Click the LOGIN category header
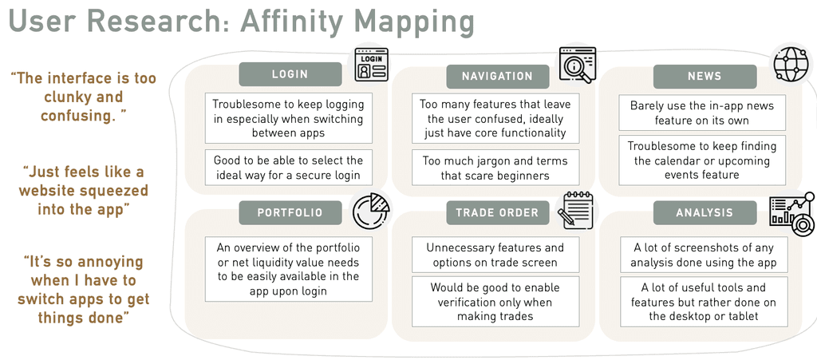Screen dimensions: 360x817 point(290,74)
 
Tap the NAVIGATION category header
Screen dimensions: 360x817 point(497,77)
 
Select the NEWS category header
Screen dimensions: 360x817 point(705,77)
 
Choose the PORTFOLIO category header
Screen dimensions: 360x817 point(290,212)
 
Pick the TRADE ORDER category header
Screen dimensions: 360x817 point(497,212)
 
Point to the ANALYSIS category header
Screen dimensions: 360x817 point(705,212)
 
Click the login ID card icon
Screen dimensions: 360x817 point(371,65)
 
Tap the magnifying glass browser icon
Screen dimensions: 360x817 point(577,64)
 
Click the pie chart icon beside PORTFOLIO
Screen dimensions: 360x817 point(371,212)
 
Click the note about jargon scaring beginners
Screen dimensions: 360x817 point(496,168)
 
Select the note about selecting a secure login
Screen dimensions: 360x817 point(289,168)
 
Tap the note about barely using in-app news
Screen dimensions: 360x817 point(702,113)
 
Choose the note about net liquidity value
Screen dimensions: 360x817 point(289,269)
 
